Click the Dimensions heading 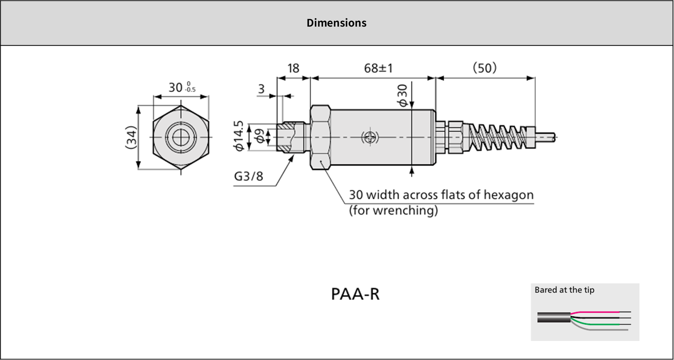coord(336,23)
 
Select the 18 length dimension coord(293,68)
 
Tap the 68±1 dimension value coord(378,68)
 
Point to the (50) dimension coord(484,68)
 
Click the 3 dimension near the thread coord(261,89)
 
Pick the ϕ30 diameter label coord(403,96)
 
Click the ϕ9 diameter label coord(259,136)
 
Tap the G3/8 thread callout coord(249,176)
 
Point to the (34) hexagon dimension coord(132,137)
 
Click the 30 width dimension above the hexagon coord(182,87)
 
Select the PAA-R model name coord(355,294)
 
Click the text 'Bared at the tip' coord(564,290)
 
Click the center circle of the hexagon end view coord(181,137)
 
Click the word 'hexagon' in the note coord(508,195)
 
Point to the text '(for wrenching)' coord(393,210)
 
